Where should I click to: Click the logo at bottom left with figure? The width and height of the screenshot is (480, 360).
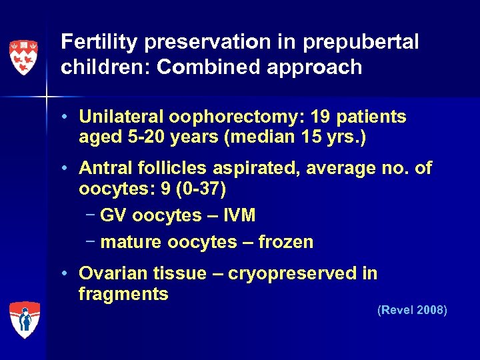pyautogui.click(x=25, y=319)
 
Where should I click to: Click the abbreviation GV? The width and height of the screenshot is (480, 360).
pyautogui.click(x=113, y=215)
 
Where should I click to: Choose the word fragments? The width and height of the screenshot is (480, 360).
pyautogui.click(x=123, y=293)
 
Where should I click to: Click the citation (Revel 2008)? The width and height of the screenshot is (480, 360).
pyautogui.click(x=412, y=311)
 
